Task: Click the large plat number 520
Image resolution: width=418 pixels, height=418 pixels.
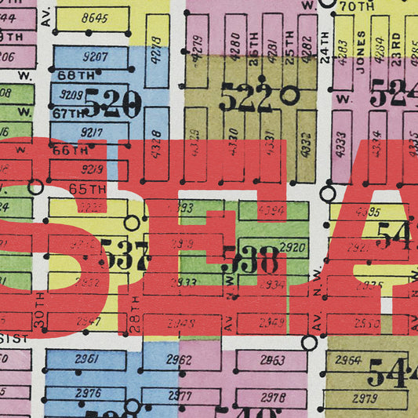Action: pos(112,103)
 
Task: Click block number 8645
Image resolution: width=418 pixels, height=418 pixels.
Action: pos(93,19)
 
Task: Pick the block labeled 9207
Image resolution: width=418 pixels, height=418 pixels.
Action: pos(94,57)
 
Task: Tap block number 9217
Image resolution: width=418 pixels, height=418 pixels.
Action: pos(92,132)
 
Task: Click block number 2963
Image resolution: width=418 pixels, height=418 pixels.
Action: pos(272,360)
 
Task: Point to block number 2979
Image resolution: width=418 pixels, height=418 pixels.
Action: pos(365,398)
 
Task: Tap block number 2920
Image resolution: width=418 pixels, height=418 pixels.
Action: pos(292,248)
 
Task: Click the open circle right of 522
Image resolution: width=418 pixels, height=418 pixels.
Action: pos(290,96)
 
